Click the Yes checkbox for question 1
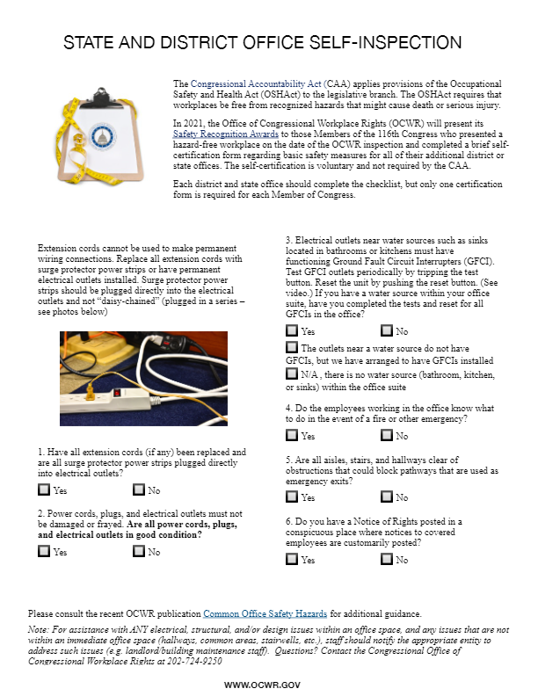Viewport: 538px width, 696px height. [x=44, y=490]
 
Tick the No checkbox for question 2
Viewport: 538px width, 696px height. [x=138, y=552]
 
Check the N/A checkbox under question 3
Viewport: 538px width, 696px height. [x=292, y=373]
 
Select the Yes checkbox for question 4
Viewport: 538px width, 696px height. [x=292, y=435]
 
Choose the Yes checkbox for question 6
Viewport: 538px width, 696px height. [x=292, y=560]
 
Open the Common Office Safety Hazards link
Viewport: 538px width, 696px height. [x=265, y=613]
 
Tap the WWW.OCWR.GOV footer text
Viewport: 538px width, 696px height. [x=268, y=684]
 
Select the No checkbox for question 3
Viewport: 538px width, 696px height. [x=386, y=331]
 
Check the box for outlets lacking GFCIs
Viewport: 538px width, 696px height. [x=292, y=348]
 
